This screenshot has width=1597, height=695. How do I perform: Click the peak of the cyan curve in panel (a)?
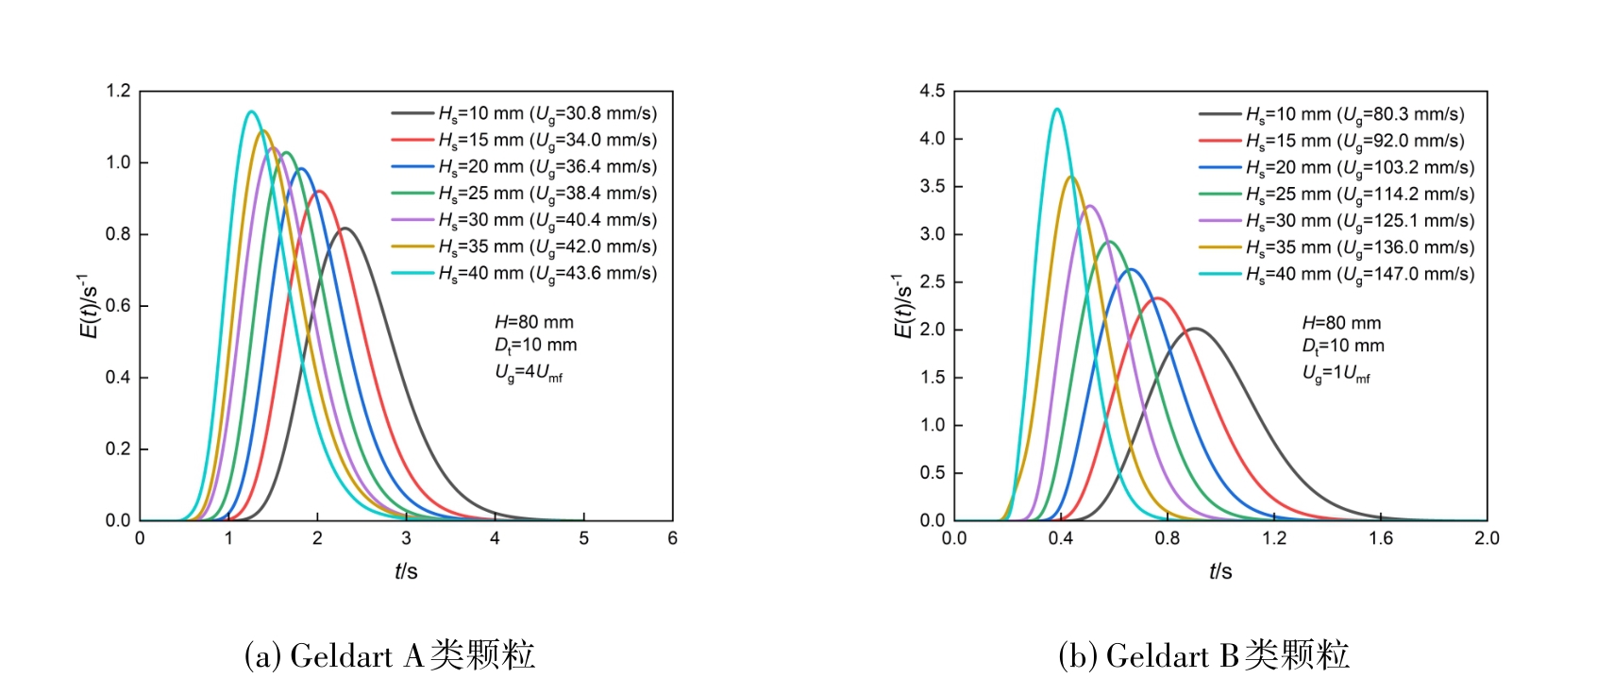(250, 112)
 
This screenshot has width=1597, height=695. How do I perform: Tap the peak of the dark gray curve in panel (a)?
(345, 229)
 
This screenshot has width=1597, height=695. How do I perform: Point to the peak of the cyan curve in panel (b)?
(1057, 110)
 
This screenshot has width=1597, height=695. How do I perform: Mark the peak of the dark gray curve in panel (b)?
(1195, 329)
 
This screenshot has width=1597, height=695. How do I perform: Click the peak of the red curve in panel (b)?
(1158, 299)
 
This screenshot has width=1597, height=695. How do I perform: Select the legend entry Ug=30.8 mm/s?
(546, 114)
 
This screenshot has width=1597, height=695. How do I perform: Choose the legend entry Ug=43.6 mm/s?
(546, 274)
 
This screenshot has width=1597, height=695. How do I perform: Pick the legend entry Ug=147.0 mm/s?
(1359, 275)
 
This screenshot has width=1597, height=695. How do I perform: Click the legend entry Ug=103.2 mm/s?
(1359, 168)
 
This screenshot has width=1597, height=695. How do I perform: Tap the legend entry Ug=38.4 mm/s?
(546, 194)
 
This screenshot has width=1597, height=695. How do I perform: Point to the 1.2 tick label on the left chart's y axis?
(118, 92)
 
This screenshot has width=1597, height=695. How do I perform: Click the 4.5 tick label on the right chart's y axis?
(932, 92)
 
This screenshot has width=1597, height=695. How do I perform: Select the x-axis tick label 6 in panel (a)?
(672, 538)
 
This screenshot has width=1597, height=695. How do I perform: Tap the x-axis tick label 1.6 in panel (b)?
(1381, 538)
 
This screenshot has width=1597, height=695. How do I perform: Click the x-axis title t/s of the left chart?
(406, 571)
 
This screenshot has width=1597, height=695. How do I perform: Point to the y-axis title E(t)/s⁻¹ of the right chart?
(902, 306)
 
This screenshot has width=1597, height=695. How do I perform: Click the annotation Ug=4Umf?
(529, 374)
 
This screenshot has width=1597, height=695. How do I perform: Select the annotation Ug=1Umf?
(1336, 374)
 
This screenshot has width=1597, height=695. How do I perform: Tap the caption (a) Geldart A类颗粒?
(389, 655)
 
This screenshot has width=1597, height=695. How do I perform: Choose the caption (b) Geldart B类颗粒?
(1203, 655)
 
